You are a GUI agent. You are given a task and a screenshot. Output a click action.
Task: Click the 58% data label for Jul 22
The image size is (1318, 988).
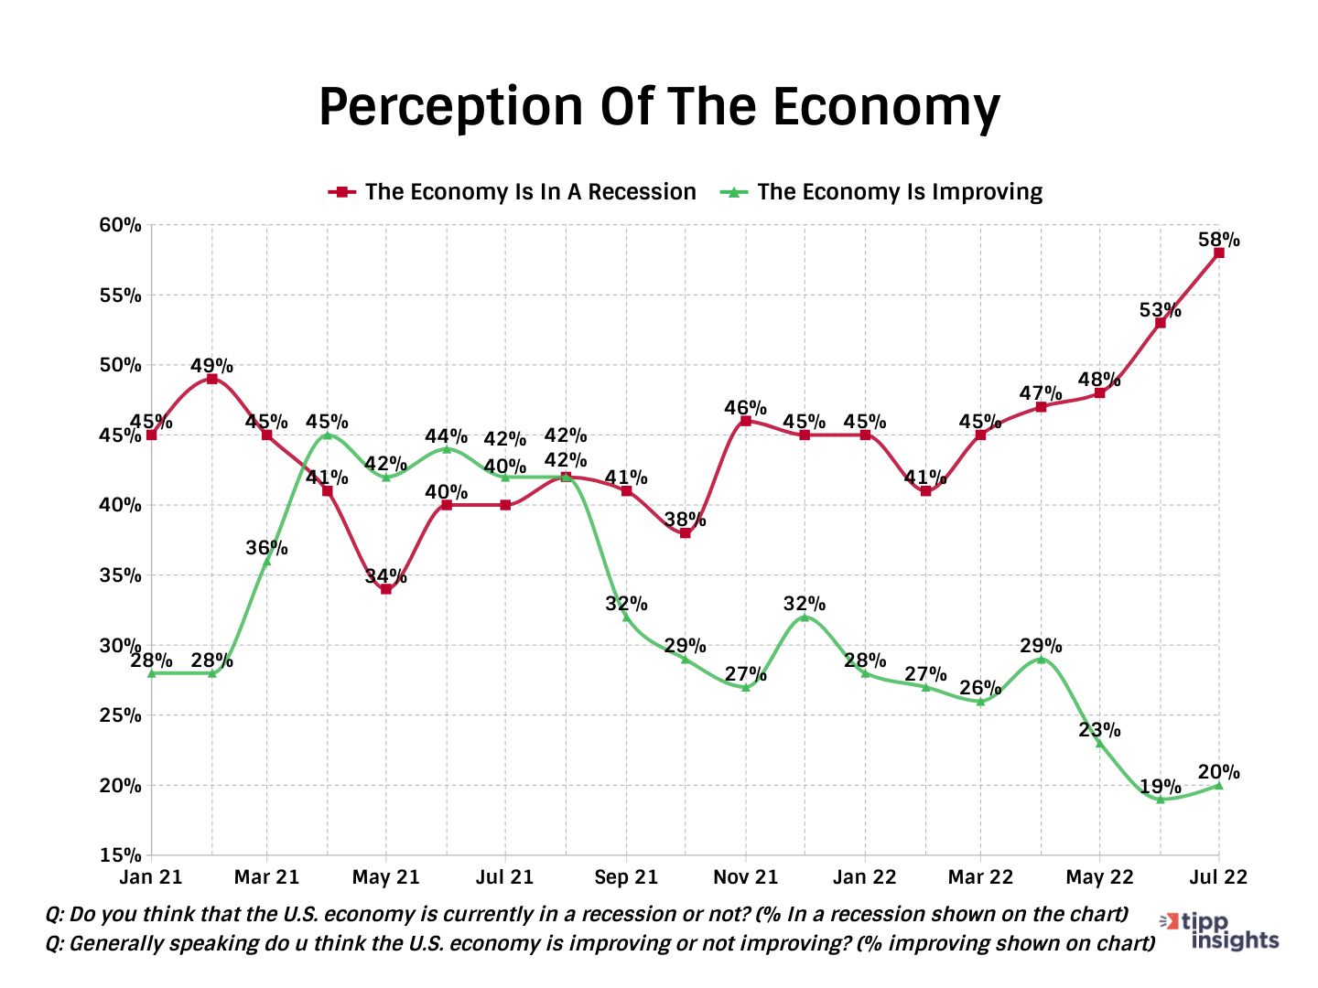click(x=1218, y=241)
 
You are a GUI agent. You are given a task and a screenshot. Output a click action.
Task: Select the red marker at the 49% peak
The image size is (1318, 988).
click(x=211, y=379)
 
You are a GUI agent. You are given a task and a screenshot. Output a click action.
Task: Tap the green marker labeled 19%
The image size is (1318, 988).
click(x=1160, y=800)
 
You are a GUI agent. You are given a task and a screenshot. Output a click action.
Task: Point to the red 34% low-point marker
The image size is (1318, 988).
click(x=386, y=589)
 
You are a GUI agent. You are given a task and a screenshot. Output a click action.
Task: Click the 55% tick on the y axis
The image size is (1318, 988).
click(x=121, y=295)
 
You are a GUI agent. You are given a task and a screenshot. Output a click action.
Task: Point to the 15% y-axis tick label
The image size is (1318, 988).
click(x=121, y=855)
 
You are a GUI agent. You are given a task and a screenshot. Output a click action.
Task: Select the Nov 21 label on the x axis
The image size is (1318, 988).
click(x=745, y=877)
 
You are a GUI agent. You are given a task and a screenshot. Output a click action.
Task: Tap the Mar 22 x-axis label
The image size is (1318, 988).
click(x=980, y=877)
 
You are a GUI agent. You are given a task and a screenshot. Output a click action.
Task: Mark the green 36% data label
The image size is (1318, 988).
click(x=266, y=548)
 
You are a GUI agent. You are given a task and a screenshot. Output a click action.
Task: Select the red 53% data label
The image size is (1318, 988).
click(x=1160, y=310)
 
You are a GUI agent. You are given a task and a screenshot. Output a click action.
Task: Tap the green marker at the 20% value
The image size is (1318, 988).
click(x=1218, y=785)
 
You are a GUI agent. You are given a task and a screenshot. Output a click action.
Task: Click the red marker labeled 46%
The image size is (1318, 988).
click(x=745, y=421)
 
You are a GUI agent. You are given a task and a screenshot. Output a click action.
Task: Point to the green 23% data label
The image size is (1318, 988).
click(x=1099, y=729)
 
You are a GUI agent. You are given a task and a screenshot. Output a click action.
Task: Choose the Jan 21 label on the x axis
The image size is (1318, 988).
click(x=151, y=877)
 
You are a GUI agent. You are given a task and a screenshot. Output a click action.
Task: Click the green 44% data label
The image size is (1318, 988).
click(x=446, y=436)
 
